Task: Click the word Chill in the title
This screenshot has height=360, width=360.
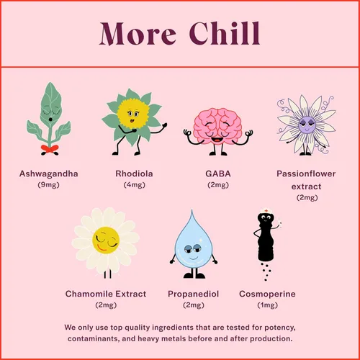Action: click(224, 33)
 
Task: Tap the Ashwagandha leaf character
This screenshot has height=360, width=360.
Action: click(49, 119)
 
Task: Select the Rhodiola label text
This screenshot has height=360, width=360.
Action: click(135, 174)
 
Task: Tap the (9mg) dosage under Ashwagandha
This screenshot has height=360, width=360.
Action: click(49, 185)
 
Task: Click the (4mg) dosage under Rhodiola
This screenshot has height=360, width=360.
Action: click(135, 185)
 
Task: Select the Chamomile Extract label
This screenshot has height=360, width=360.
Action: click(106, 294)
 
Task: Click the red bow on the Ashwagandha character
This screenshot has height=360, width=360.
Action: click(49, 149)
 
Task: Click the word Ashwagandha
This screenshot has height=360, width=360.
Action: click(49, 174)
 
